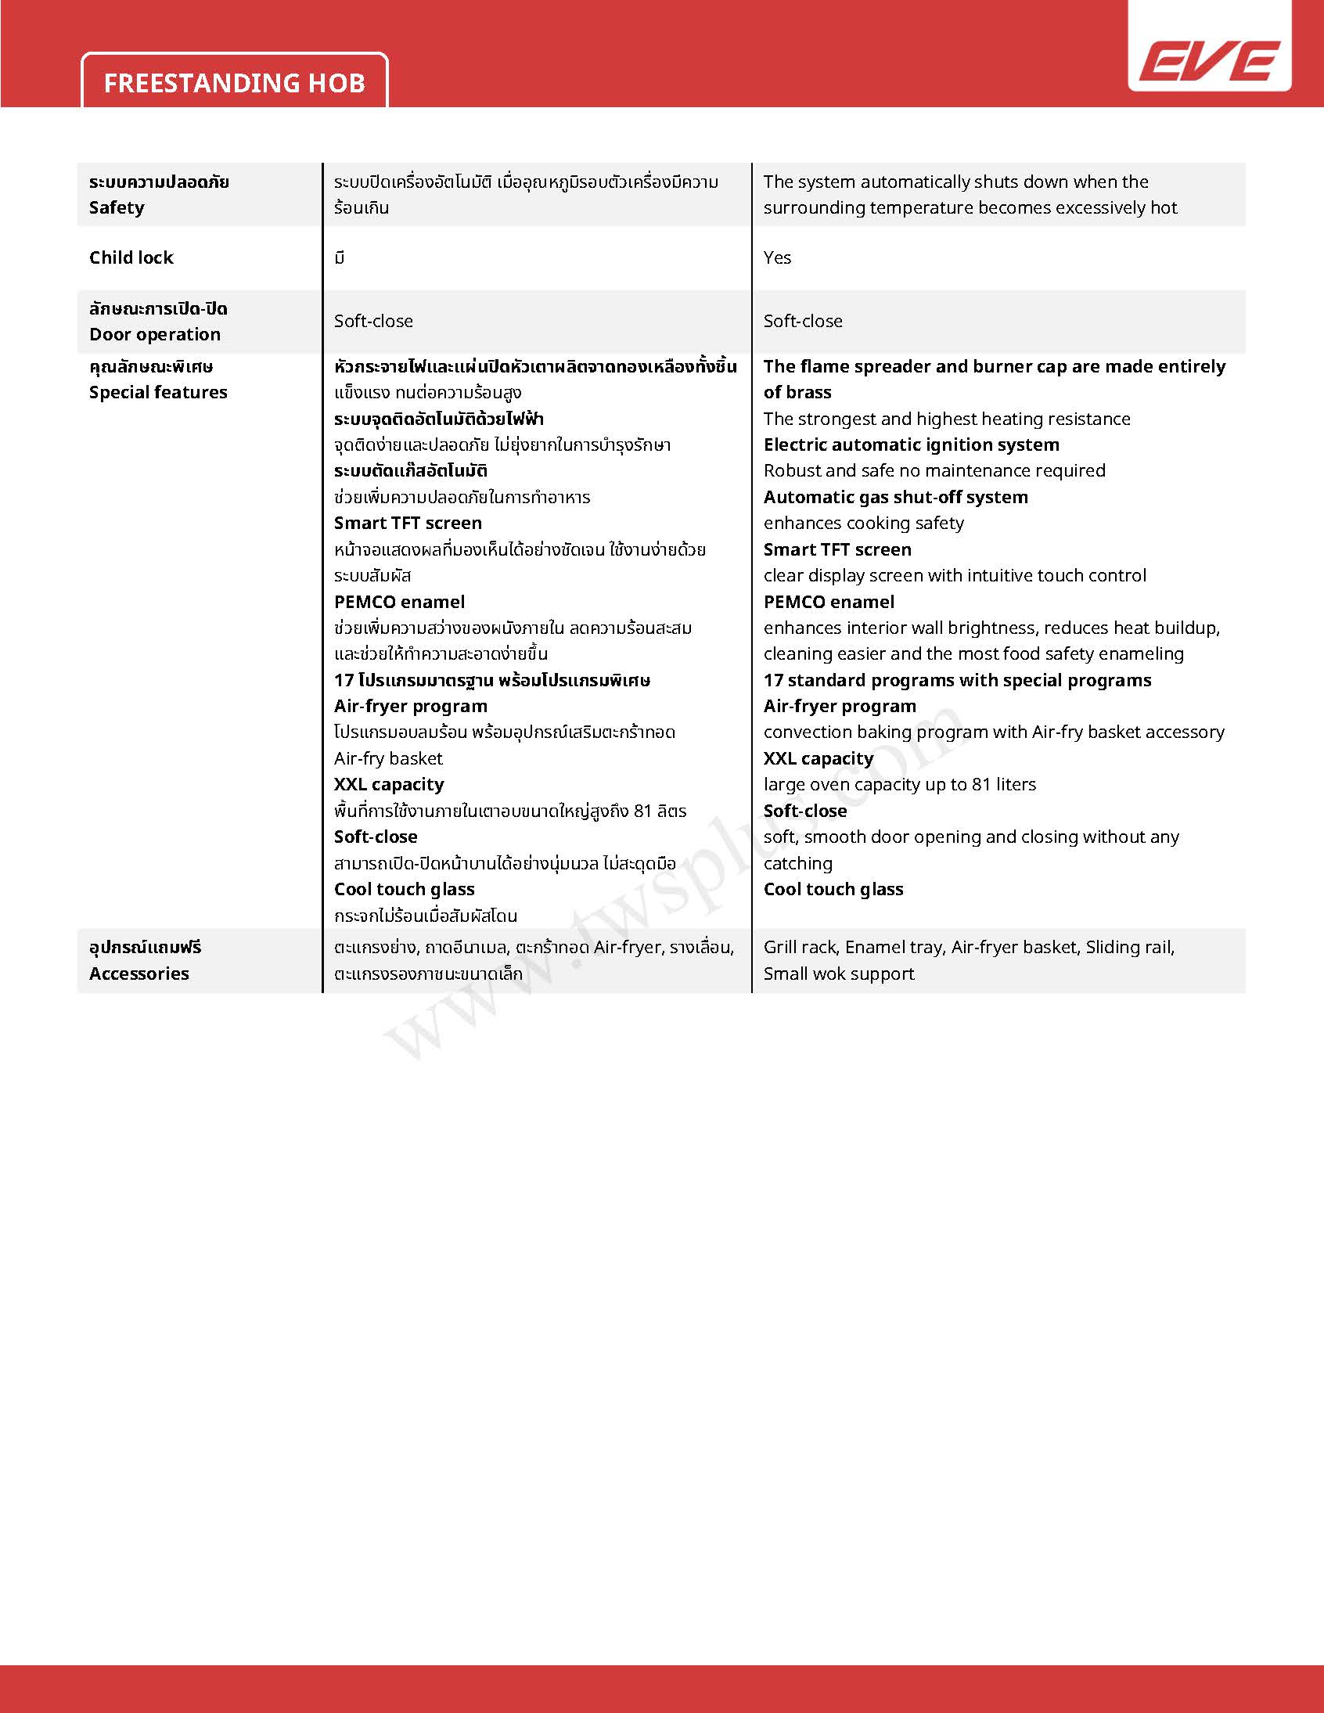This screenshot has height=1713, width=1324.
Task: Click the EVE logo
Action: [x=1209, y=60]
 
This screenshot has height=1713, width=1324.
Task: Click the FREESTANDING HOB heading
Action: [x=235, y=83]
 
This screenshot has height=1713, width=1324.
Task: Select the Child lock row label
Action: [x=131, y=257]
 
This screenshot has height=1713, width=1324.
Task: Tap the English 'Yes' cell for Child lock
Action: [x=777, y=257]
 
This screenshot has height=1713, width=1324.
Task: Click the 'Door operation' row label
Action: [x=154, y=334]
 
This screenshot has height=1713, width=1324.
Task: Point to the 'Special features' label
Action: [x=157, y=392]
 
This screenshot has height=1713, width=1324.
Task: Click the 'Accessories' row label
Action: [x=139, y=973]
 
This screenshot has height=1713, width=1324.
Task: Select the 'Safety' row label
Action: [x=117, y=207]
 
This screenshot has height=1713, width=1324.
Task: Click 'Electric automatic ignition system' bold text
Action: [x=912, y=444]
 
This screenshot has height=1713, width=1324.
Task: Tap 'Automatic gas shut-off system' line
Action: [x=896, y=496]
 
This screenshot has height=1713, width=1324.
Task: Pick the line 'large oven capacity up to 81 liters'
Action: [x=900, y=784]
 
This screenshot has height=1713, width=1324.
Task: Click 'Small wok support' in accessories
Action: [x=839, y=973]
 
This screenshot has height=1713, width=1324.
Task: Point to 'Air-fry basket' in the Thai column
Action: [x=388, y=758]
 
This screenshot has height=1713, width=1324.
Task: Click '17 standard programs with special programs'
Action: [x=957, y=680]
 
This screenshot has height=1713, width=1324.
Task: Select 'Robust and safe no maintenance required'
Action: [x=934, y=470]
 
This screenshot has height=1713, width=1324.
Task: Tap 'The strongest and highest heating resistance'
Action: [x=947, y=419]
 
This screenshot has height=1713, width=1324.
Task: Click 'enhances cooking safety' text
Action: [x=864, y=524]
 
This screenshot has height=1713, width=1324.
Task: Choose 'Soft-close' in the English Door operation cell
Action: [x=803, y=321]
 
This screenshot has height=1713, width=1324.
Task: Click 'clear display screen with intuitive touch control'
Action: [x=955, y=576]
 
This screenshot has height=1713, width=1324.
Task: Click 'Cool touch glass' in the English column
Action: [x=833, y=890]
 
